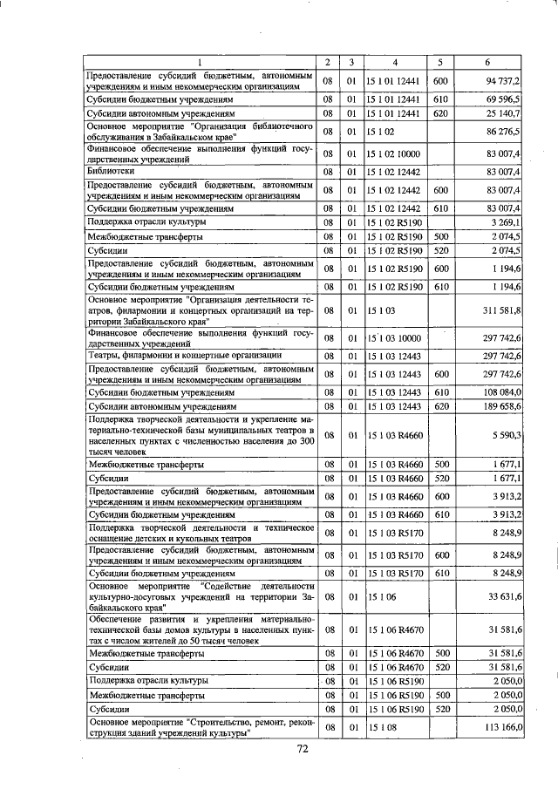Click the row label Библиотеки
[109, 172]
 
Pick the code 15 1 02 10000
[394, 153]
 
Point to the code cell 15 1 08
[382, 727]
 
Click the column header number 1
[198, 62]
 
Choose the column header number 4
[395, 62]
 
